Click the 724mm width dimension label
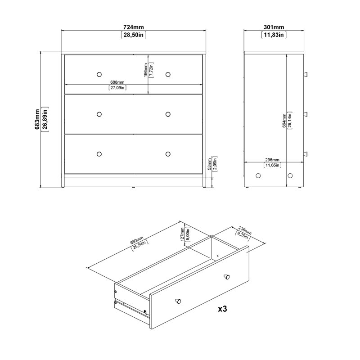pos(134,27)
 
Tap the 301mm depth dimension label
pos(273,27)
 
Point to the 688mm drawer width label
pos(117,82)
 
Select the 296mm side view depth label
pos(272,160)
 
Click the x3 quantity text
pos(222,310)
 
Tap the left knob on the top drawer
pos(99,74)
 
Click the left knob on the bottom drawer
pos(99,154)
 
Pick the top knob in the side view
pos(306,74)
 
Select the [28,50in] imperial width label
pos(134,35)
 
